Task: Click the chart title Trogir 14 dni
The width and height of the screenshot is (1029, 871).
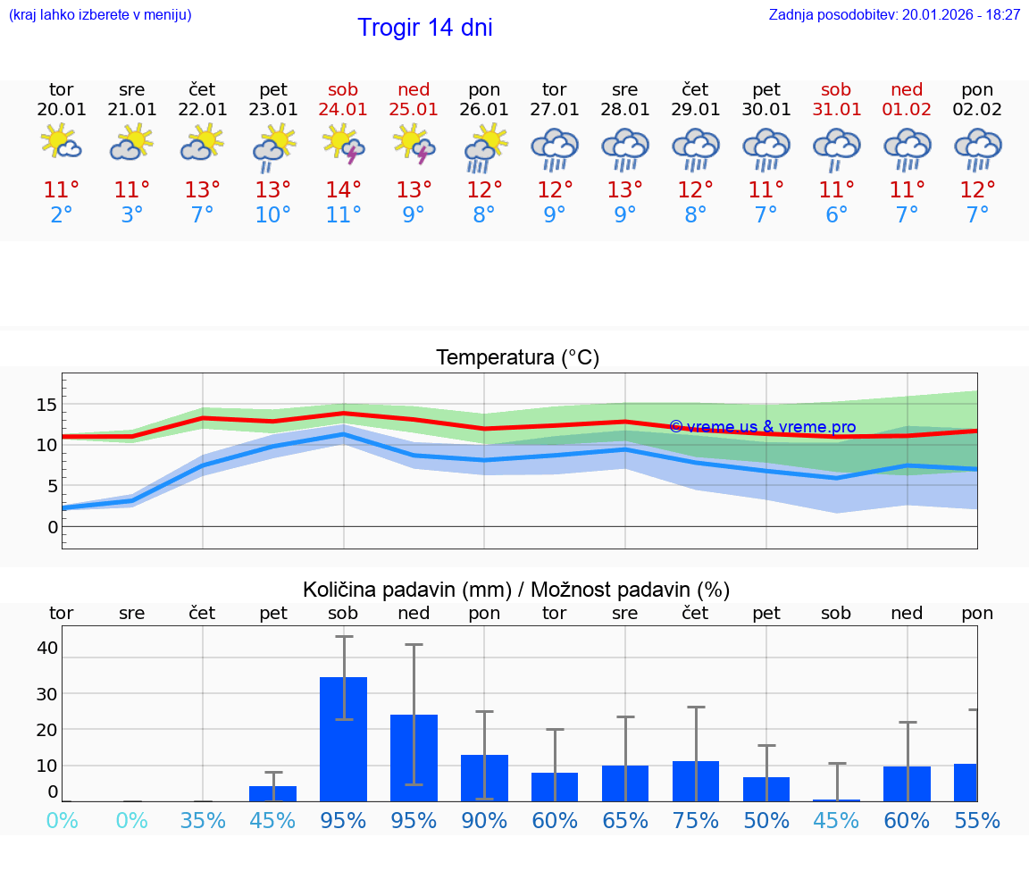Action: click(x=424, y=28)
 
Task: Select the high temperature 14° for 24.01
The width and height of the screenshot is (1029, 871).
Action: click(x=343, y=189)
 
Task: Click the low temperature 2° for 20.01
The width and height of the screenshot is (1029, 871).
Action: click(x=62, y=214)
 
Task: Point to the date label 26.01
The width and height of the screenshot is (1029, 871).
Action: click(x=484, y=109)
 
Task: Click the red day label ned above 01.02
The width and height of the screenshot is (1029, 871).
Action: click(x=907, y=89)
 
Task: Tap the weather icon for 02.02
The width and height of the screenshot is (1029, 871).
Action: click(x=977, y=147)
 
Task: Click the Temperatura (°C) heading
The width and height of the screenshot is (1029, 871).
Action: click(x=517, y=358)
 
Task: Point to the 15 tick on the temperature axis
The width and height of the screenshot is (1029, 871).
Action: click(x=46, y=405)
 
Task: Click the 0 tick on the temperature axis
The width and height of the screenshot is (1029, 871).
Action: click(x=53, y=527)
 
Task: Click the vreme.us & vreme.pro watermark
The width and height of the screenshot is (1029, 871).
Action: click(x=763, y=427)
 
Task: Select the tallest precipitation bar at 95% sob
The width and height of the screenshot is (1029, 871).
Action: click(x=343, y=740)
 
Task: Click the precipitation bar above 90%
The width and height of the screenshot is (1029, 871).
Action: click(x=484, y=778)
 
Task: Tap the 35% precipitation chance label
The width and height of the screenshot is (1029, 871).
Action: click(x=203, y=820)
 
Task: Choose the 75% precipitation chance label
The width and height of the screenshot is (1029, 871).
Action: click(x=696, y=820)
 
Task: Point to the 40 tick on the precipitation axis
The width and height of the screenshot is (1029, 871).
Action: click(x=46, y=648)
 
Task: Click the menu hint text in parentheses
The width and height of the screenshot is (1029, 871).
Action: click(x=100, y=14)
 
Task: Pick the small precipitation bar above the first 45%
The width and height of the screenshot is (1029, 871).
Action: click(x=272, y=793)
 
